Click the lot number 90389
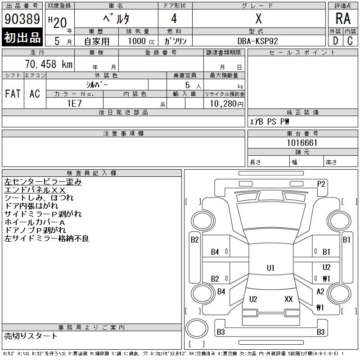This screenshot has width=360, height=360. (22, 19)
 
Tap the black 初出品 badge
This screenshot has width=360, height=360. (22, 37)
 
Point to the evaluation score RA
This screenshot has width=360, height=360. (343, 19)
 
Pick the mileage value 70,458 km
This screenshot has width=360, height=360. (49, 64)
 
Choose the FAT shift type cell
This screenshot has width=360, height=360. (13, 94)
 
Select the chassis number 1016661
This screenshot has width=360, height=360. (302, 143)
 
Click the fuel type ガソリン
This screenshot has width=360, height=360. (175, 40)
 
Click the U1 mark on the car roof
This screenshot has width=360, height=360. (270, 268)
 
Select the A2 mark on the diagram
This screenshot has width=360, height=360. (320, 292)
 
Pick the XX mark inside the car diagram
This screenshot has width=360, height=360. (289, 299)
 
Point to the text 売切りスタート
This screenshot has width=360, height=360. (31, 336)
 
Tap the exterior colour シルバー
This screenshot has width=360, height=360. (97, 85)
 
